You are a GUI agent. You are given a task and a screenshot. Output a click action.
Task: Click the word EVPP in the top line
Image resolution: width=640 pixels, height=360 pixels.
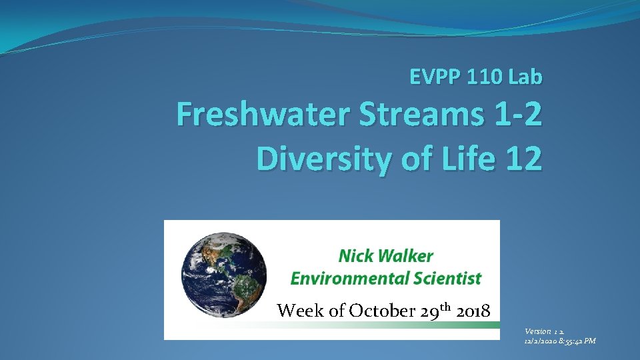click(x=431, y=78)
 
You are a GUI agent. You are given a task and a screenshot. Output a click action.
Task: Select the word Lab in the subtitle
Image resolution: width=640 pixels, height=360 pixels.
click(x=525, y=78)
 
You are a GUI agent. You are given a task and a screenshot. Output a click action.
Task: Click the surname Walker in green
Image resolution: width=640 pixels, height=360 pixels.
click(x=408, y=256)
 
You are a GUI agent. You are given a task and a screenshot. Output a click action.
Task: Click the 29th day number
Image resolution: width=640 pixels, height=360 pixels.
click(x=434, y=310)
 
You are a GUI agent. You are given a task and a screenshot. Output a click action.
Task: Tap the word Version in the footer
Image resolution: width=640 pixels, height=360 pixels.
click(x=537, y=331)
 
